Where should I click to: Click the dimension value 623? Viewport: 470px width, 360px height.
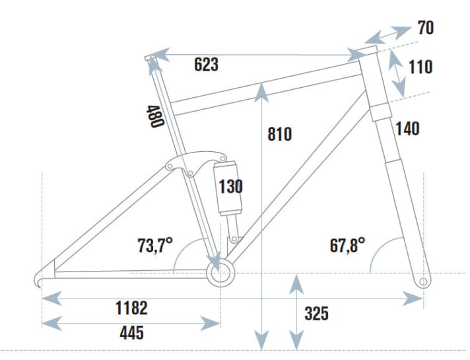207,65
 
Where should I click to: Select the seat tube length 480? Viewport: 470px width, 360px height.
154,117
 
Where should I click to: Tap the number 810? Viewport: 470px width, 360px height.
280,134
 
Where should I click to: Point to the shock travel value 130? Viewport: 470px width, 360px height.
230,187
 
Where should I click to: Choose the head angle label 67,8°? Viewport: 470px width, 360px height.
348,246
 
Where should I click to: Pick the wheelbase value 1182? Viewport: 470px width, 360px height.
131,307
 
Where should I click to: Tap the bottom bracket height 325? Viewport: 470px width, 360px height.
317,314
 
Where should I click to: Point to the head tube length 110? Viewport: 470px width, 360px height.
420,67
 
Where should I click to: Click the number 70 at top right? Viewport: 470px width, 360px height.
426,28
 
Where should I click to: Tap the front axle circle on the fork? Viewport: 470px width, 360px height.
423,282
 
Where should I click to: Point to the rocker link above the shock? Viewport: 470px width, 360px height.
198,161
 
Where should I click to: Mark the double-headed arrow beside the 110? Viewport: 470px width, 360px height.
397,74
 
